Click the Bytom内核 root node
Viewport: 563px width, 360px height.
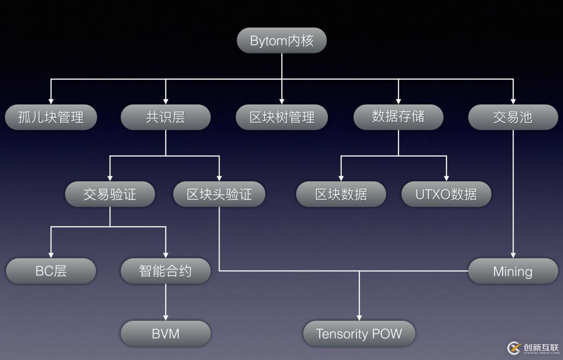(x=282, y=41)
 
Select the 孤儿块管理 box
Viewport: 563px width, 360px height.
(x=51, y=117)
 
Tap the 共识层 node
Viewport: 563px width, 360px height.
(x=165, y=117)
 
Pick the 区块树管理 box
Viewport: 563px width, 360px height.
(x=282, y=117)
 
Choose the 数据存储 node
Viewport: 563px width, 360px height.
(x=398, y=117)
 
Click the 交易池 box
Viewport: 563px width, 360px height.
(x=513, y=117)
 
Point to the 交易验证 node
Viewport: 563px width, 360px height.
(x=110, y=194)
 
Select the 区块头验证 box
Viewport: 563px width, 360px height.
(x=219, y=194)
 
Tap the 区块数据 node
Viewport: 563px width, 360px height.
(x=341, y=194)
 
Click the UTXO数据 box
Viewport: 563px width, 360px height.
(x=446, y=194)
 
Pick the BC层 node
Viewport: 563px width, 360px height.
(x=51, y=271)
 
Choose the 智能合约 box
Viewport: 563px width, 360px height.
(x=165, y=271)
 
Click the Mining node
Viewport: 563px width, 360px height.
(x=513, y=271)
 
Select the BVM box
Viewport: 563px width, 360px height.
(x=165, y=334)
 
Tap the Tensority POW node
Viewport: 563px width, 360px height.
(x=359, y=334)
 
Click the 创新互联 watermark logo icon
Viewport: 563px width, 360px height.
(x=514, y=348)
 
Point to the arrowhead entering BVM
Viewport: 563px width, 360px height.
(x=165, y=317)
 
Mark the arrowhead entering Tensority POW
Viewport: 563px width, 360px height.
(x=359, y=317)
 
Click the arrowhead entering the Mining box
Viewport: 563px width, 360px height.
(x=513, y=255)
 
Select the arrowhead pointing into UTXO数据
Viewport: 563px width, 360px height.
(x=446, y=178)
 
